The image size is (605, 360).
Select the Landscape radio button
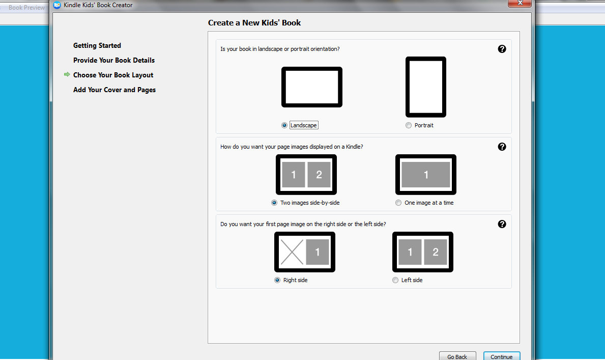pyautogui.click(x=284, y=125)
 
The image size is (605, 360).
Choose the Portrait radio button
pyautogui.click(x=409, y=125)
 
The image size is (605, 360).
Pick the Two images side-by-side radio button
pyautogui.click(x=274, y=203)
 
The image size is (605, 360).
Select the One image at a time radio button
pyautogui.click(x=398, y=203)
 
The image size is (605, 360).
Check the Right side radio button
pyautogui.click(x=277, y=280)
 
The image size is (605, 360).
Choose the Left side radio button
pyautogui.click(x=395, y=280)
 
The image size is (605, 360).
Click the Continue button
pyautogui.click(x=502, y=356)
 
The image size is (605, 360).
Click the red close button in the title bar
pyautogui.click(x=520, y=3)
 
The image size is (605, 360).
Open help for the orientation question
pyautogui.click(x=502, y=49)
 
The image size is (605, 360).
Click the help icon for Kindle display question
pyautogui.click(x=502, y=147)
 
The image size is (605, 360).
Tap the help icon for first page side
pyautogui.click(x=502, y=224)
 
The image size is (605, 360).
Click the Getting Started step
pyautogui.click(x=97, y=46)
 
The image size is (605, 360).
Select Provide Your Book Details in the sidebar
pyautogui.click(x=114, y=60)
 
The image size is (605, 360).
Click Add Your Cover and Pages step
pyautogui.click(x=114, y=90)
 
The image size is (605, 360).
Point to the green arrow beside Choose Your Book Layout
pyautogui.click(x=67, y=74)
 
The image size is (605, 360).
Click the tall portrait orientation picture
pyautogui.click(x=426, y=87)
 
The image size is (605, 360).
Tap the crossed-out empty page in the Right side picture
pyautogui.click(x=292, y=252)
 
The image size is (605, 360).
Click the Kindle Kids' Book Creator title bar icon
pyautogui.click(x=57, y=5)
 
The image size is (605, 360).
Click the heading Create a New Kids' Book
pyautogui.click(x=254, y=23)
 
